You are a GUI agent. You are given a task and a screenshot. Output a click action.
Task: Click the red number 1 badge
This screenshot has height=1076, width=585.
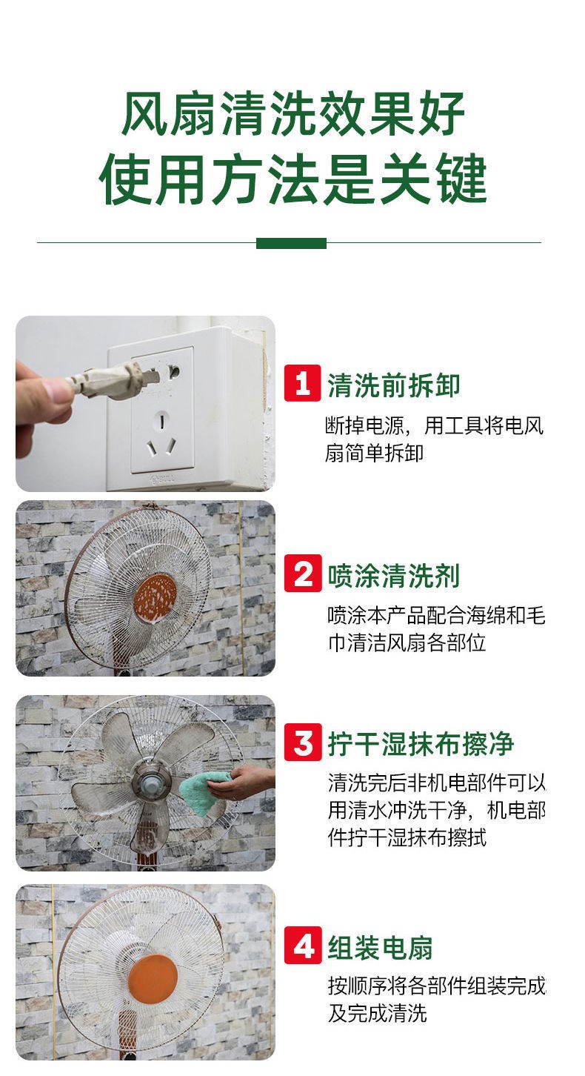coord(302,383)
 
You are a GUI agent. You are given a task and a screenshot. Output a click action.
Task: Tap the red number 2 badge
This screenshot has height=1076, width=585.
coord(302,573)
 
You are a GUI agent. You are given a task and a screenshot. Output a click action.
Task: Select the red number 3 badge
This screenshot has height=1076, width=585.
coord(302,742)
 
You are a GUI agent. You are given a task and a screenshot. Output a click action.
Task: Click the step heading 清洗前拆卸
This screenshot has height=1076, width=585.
coord(393,385)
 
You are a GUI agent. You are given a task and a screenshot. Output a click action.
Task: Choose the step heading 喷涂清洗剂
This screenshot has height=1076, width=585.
coord(393,575)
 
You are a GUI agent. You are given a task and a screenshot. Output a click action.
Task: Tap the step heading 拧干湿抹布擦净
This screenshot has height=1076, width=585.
coord(421,744)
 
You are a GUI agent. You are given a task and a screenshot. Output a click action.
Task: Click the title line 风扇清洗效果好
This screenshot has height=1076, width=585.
coord(292,114)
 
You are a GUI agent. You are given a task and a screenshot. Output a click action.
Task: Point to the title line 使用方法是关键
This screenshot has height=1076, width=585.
coord(292,179)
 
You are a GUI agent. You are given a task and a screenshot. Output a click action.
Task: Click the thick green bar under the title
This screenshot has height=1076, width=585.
coord(291,243)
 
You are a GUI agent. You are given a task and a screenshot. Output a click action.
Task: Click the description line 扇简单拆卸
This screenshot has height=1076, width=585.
coord(374,453)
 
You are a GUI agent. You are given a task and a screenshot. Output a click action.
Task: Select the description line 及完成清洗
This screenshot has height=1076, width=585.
coord(377,1013)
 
